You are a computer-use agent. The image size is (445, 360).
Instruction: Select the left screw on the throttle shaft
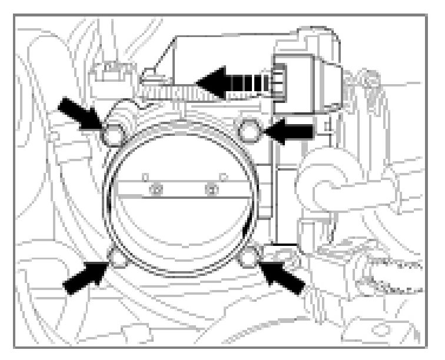coord(156,189)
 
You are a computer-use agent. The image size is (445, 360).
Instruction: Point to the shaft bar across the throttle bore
coord(182,189)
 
